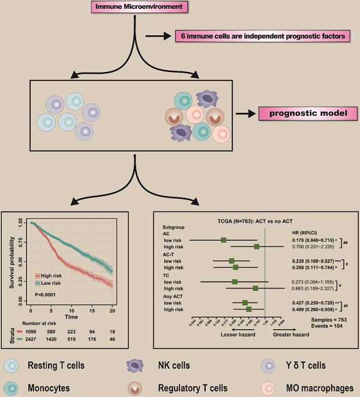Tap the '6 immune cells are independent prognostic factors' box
tap(262, 37)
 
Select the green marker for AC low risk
tap(223, 240)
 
